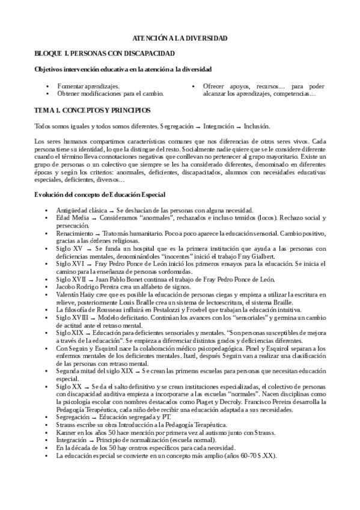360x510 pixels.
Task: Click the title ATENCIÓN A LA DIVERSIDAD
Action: [180, 38]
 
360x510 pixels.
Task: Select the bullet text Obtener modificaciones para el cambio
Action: [110, 94]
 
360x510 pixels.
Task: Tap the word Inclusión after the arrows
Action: [257, 126]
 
